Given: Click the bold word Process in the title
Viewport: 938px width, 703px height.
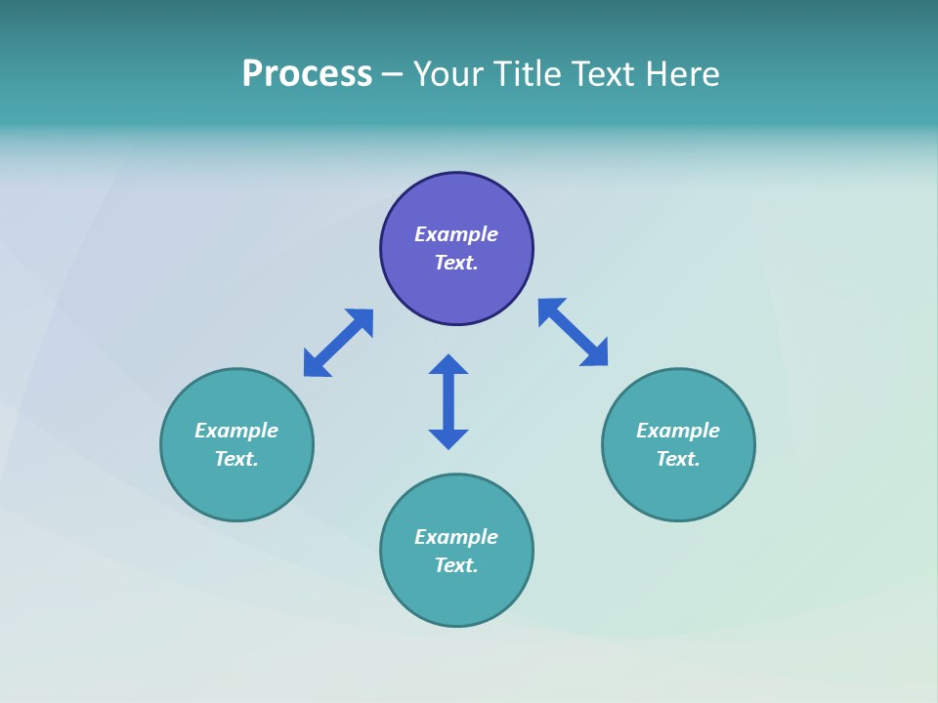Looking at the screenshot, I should click(307, 74).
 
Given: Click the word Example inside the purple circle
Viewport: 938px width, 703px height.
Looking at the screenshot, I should click(456, 234).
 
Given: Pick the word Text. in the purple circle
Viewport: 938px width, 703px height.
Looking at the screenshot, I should click(456, 263).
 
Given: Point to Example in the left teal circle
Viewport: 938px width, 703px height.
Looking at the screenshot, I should click(236, 431).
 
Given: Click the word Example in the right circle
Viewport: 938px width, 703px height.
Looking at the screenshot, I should click(678, 431).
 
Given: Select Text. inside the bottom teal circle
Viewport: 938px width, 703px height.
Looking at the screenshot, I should click(456, 565).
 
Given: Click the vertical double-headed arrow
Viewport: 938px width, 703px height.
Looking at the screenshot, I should click(448, 401).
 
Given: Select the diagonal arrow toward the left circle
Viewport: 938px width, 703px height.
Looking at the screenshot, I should click(338, 343).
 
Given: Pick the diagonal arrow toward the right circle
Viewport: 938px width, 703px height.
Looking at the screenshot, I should click(573, 332).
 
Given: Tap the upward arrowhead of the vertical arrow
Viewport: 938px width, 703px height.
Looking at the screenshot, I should click(448, 364).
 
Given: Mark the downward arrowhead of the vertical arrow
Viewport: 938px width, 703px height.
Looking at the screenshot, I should click(448, 438).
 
